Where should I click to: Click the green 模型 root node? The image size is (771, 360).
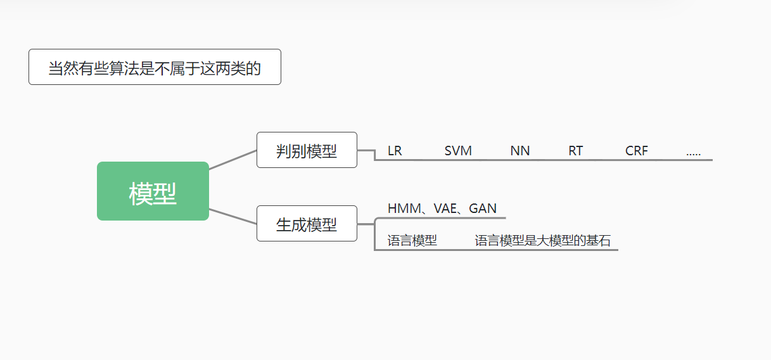point(153,191)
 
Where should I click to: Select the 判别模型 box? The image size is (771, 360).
point(307,150)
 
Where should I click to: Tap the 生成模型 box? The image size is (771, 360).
point(307,224)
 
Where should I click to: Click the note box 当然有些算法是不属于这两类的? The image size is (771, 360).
point(155,67)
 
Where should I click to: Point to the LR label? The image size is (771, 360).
point(395,151)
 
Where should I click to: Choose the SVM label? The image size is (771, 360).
point(458,151)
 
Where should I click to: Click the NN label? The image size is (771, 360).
point(520,151)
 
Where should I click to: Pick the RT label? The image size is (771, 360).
point(575,151)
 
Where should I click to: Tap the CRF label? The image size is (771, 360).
point(637,151)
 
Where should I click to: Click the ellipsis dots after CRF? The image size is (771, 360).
point(693,153)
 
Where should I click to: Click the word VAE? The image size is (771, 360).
point(445,209)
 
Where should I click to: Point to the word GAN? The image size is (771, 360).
point(483,209)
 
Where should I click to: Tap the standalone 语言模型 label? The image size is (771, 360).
point(412,241)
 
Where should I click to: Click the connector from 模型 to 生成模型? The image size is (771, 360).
point(233,216)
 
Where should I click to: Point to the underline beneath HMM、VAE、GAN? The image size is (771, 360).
point(443,218)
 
